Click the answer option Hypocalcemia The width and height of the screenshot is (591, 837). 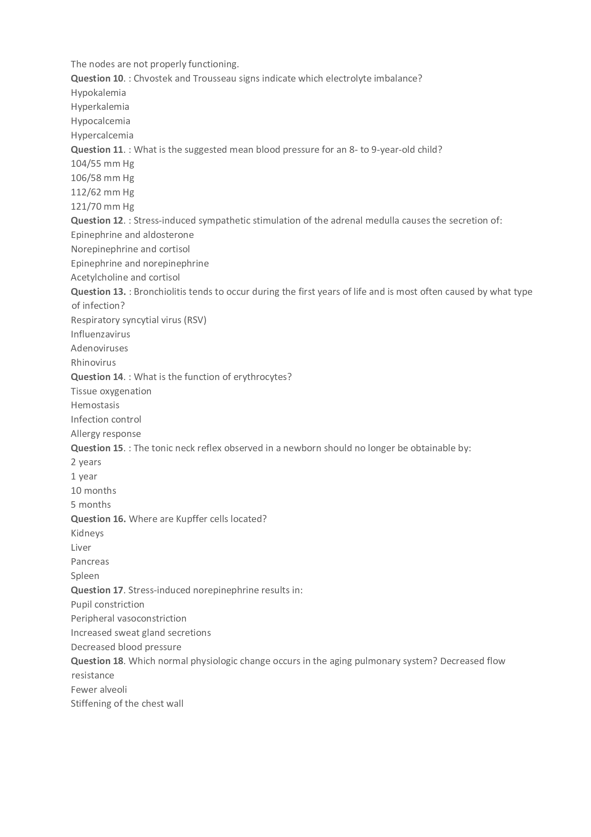pyautogui.click(x=100, y=121)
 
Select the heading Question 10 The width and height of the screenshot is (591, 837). pyautogui.click(x=97, y=78)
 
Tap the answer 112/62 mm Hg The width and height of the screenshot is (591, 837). pyautogui.click(x=102, y=192)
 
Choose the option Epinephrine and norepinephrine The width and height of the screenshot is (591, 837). pyautogui.click(x=140, y=263)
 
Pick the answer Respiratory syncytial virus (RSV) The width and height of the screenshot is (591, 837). pyautogui.click(x=138, y=320)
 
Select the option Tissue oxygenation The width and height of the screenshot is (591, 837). pyautogui.click(x=111, y=391)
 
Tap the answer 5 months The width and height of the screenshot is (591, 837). pyautogui.click(x=91, y=505)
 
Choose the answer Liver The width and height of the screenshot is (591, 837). pyautogui.click(x=81, y=548)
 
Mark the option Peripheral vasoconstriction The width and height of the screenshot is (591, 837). pyautogui.click(x=129, y=618)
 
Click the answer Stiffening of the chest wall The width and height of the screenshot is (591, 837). pyautogui.click(x=127, y=704)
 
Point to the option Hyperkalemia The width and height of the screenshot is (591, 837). pyautogui.click(x=100, y=107)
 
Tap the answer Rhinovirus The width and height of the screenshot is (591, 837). pyautogui.click(x=93, y=363)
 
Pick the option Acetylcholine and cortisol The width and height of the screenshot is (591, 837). pyautogui.click(x=125, y=277)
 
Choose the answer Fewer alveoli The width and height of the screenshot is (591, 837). pyautogui.click(x=99, y=689)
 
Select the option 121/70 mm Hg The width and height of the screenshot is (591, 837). pyautogui.click(x=102, y=206)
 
